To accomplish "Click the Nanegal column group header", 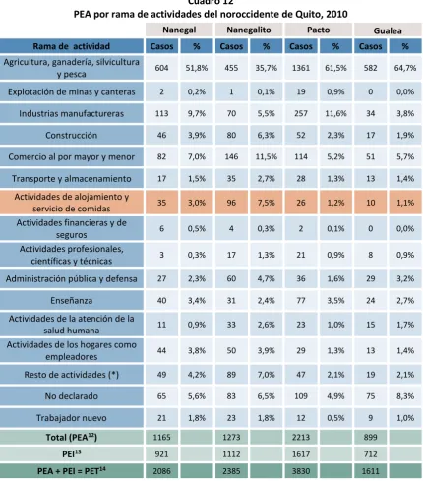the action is [179, 30].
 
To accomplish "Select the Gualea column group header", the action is [388, 30].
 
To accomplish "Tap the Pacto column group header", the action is [318, 30].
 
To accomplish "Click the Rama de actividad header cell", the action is [72, 46].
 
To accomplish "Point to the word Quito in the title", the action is [295, 14].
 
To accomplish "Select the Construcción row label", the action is [72, 135].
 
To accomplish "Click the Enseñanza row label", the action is [72, 301].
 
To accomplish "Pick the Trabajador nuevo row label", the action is [72, 418].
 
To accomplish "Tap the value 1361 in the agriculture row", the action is [301, 68].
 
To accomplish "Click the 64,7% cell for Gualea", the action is [405, 68].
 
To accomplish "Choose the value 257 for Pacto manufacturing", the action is [301, 113].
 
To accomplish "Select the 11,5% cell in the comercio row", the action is [267, 157].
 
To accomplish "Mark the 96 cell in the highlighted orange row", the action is [231, 203].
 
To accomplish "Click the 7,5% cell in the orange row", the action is [267, 203].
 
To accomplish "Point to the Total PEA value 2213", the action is [301, 437].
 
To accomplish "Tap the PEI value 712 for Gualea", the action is [370, 454].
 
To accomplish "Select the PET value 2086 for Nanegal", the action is [161, 471].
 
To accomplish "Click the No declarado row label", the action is [72, 396].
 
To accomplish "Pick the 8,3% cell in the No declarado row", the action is [405, 396].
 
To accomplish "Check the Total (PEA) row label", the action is [72, 437].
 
